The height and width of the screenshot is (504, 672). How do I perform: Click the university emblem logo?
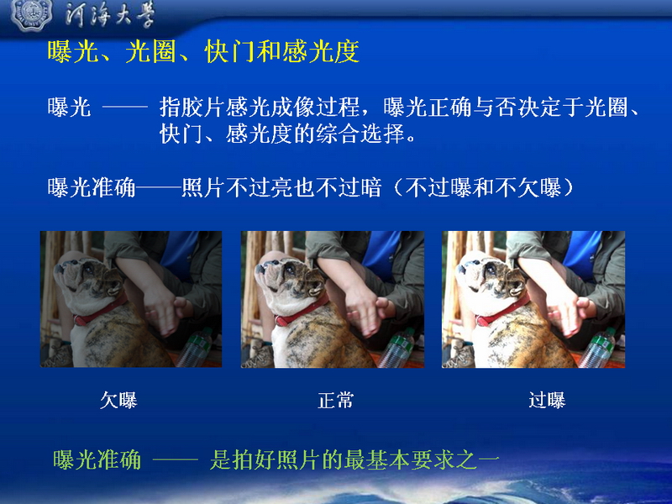coord(31,14)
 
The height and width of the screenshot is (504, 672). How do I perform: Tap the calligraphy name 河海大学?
coord(110,16)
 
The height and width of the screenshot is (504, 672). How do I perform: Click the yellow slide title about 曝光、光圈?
coord(203,52)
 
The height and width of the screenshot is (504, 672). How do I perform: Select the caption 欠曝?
coord(118,401)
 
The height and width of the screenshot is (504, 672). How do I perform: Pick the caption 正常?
coord(335,401)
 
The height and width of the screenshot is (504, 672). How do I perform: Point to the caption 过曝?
coord(547,401)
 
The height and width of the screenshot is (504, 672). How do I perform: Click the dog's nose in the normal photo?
coord(260,269)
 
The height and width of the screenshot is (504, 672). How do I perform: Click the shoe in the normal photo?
coord(260,356)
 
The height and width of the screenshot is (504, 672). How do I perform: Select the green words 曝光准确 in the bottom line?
coord(97,460)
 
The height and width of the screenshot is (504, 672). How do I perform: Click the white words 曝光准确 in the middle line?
coord(92,187)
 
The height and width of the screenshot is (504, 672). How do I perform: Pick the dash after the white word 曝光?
coord(125,107)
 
